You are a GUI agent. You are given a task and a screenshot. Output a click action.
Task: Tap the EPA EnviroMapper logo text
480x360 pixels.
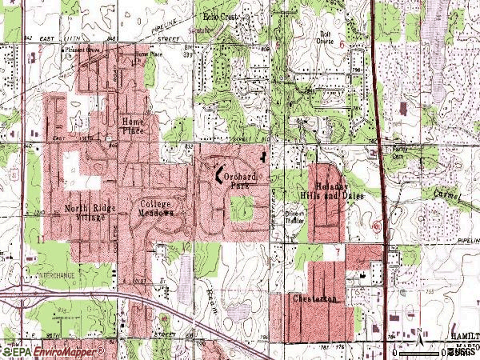point(53,351)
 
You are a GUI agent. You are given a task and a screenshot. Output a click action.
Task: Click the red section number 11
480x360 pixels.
point(38,238)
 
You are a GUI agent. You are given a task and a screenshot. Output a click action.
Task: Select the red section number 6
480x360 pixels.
point(341,46)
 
